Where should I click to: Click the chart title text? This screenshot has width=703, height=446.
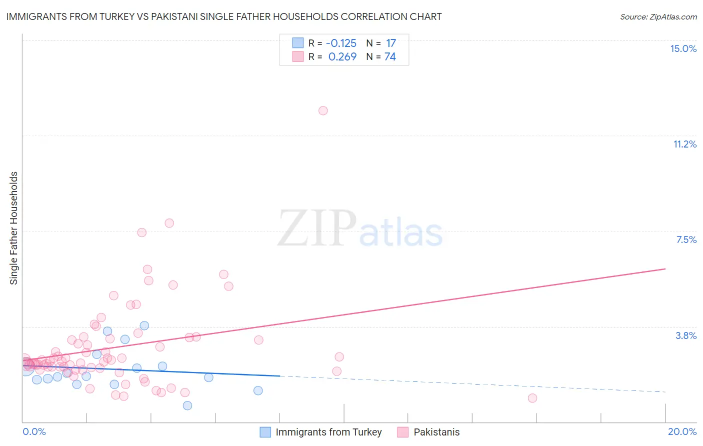click(223, 16)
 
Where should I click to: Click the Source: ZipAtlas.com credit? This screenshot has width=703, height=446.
click(658, 16)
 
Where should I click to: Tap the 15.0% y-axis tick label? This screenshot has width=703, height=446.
click(683, 48)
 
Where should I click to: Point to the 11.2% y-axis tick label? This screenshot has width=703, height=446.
click(684, 144)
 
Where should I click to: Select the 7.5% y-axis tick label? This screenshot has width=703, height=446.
click(686, 239)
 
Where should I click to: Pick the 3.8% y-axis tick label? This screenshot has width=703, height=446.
click(686, 335)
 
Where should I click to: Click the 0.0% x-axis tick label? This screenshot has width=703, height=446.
click(34, 431)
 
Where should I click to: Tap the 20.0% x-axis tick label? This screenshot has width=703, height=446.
click(682, 431)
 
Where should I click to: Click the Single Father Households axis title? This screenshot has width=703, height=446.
click(14, 228)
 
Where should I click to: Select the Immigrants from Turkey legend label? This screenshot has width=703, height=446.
click(328, 432)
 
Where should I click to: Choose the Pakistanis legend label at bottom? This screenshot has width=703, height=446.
click(436, 432)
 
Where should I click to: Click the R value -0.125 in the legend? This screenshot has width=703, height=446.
click(341, 43)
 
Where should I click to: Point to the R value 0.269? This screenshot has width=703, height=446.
click(342, 57)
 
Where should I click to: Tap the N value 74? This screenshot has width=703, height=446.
click(390, 57)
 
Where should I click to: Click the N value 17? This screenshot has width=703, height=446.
click(390, 43)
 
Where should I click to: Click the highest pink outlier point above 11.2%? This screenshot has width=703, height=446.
click(323, 110)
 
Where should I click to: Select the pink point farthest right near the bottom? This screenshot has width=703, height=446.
click(532, 398)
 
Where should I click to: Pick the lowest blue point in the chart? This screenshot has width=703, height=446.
click(187, 405)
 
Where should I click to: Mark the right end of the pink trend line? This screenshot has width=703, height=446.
click(665, 269)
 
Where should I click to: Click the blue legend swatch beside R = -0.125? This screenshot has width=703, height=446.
click(298, 43)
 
